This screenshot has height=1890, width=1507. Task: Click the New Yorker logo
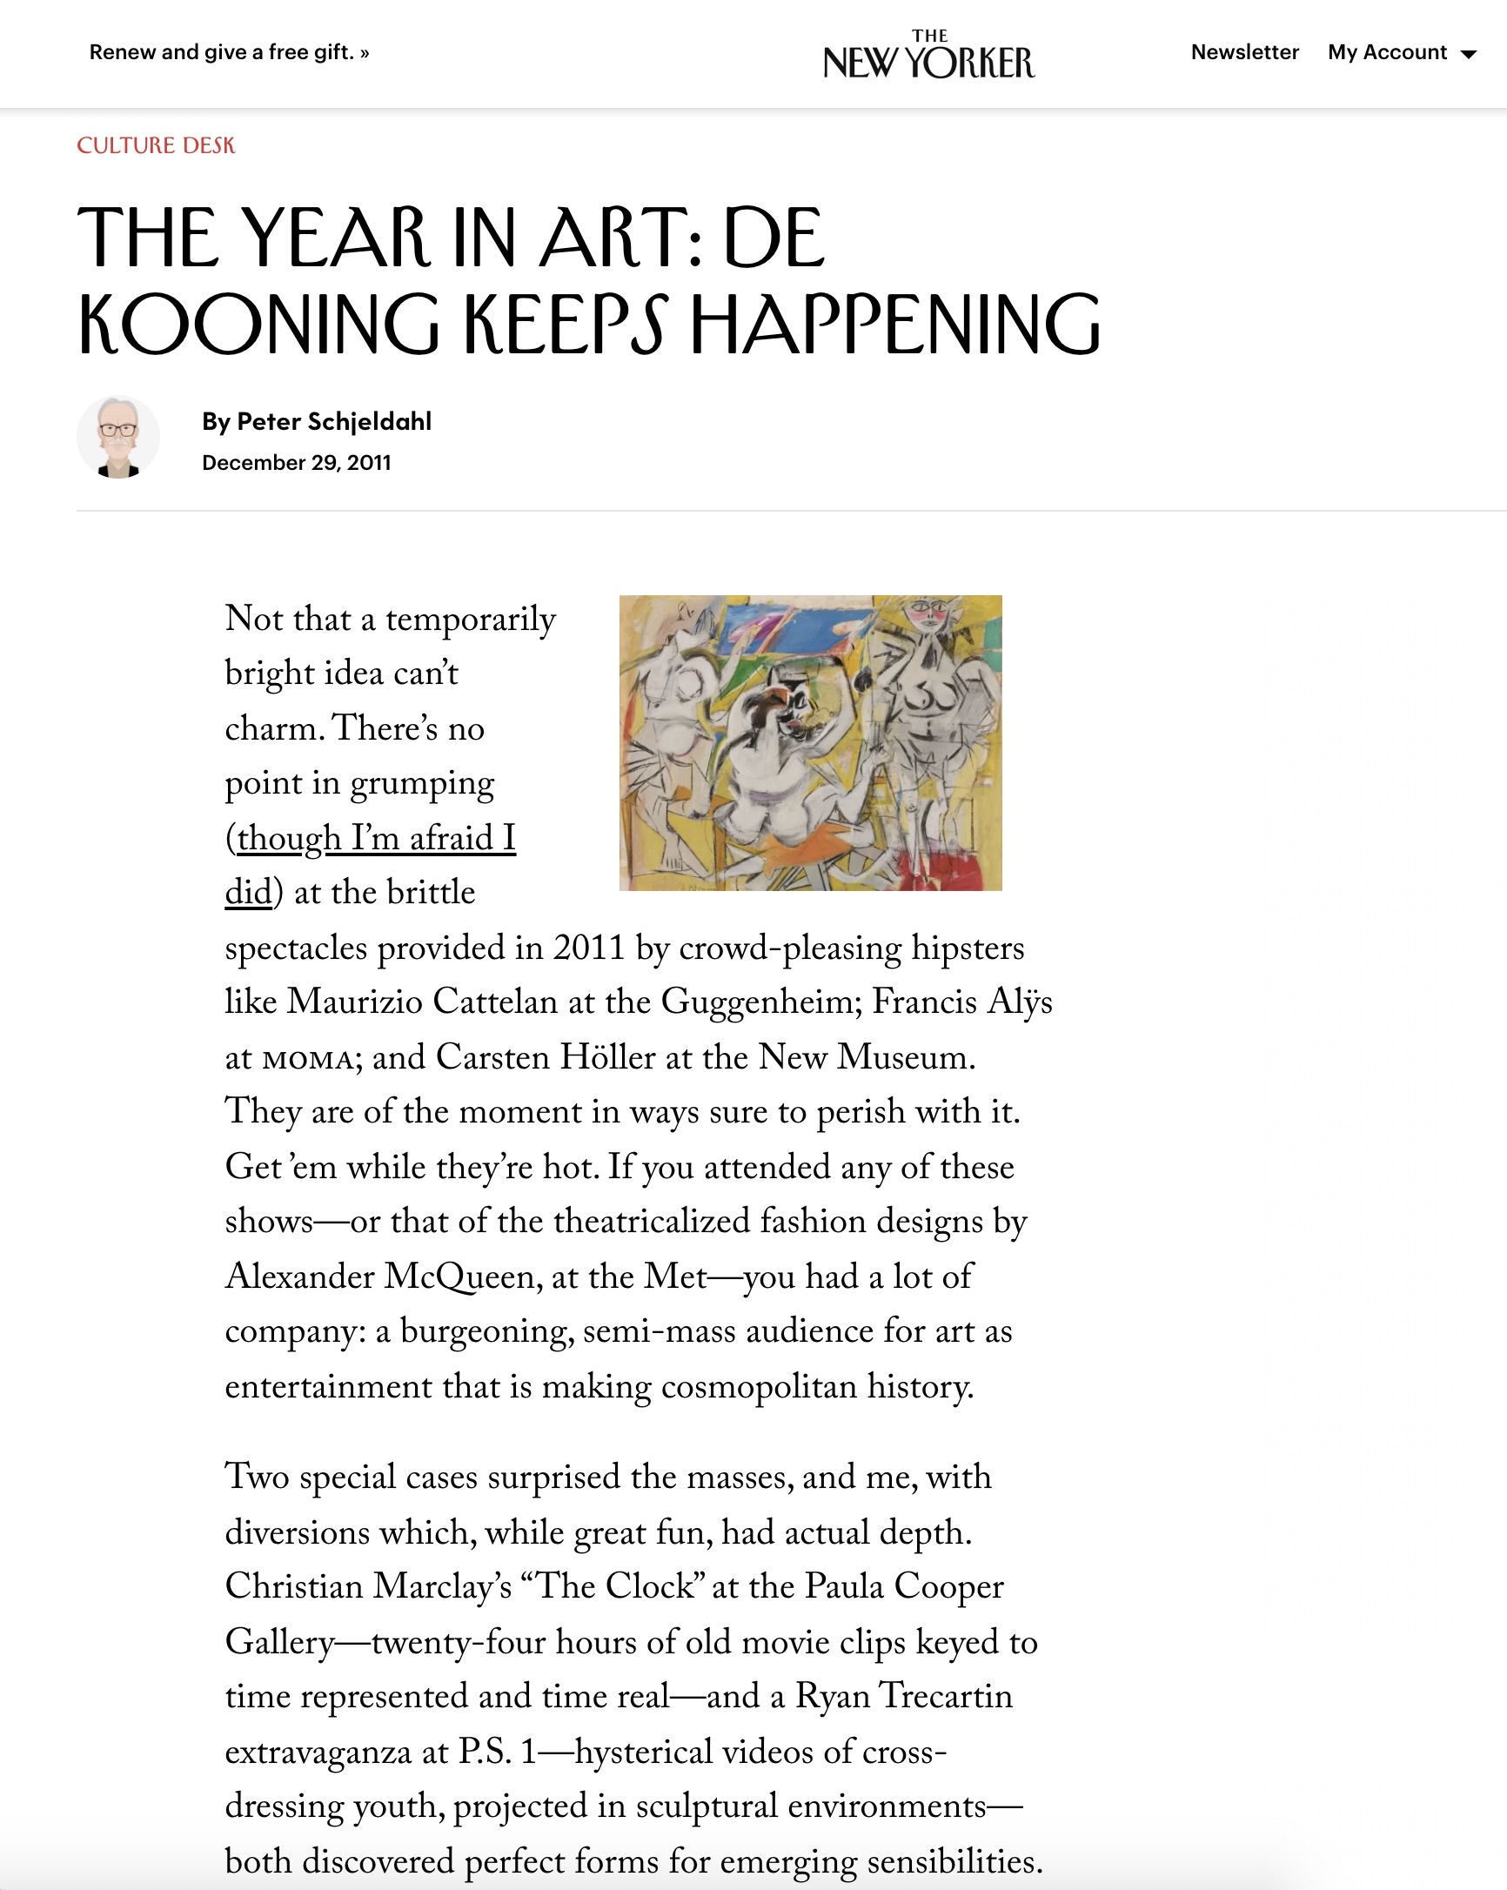pos(928,57)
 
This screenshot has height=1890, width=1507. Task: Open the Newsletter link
pos(1244,52)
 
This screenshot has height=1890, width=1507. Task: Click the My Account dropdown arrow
pos(1469,54)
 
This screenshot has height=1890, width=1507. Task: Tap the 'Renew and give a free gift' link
pos(229,52)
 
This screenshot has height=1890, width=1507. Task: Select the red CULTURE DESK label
pos(156,145)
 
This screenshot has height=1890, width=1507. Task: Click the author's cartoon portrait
pos(118,437)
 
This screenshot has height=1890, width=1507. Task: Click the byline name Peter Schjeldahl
pos(334,422)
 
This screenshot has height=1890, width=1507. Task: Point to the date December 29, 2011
pos(297,463)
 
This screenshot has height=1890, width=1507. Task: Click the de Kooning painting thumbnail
pos(810,742)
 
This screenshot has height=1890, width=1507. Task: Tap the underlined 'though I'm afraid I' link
pos(375,838)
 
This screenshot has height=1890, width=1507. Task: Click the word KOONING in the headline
pos(258,325)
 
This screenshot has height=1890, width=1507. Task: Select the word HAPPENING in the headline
pos(895,325)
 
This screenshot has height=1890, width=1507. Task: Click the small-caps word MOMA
pos(308,1059)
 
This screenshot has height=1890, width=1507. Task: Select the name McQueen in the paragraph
pos(459,1277)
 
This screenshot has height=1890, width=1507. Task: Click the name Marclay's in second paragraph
pos(442,1586)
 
